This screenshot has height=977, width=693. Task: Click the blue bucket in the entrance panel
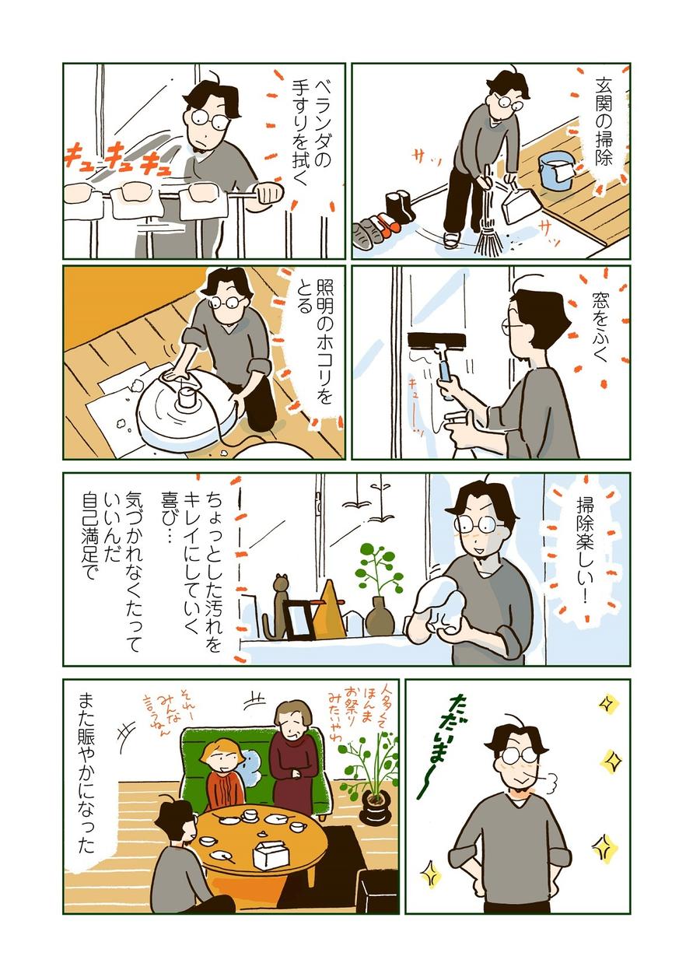click(x=555, y=170)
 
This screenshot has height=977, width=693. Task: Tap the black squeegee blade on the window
click(x=437, y=340)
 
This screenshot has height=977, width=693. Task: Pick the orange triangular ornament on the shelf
click(x=330, y=608)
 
